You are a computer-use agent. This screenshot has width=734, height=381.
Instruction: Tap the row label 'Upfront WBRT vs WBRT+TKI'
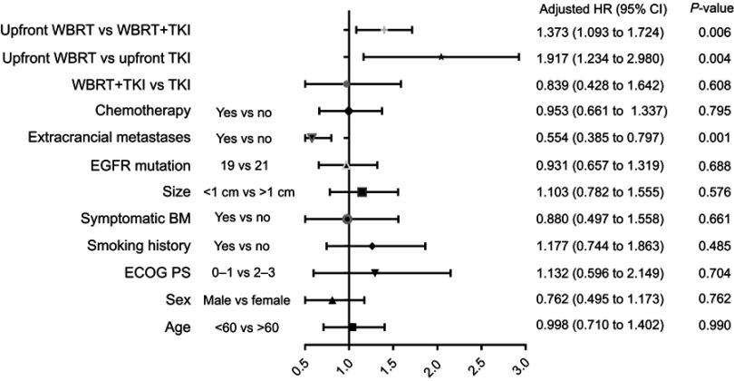pos(101,33)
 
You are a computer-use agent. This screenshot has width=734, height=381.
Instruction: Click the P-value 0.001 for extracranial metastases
pos(703,139)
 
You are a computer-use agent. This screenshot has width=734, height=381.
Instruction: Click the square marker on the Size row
pos(362,192)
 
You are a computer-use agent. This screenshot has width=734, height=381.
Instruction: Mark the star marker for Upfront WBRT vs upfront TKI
pos(440,56)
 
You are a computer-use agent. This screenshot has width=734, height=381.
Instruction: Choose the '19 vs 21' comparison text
pos(242,166)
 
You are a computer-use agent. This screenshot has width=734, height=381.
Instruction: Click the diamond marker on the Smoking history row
pos(372,246)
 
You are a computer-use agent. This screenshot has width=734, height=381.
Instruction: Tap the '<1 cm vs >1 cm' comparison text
pos(253,192)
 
